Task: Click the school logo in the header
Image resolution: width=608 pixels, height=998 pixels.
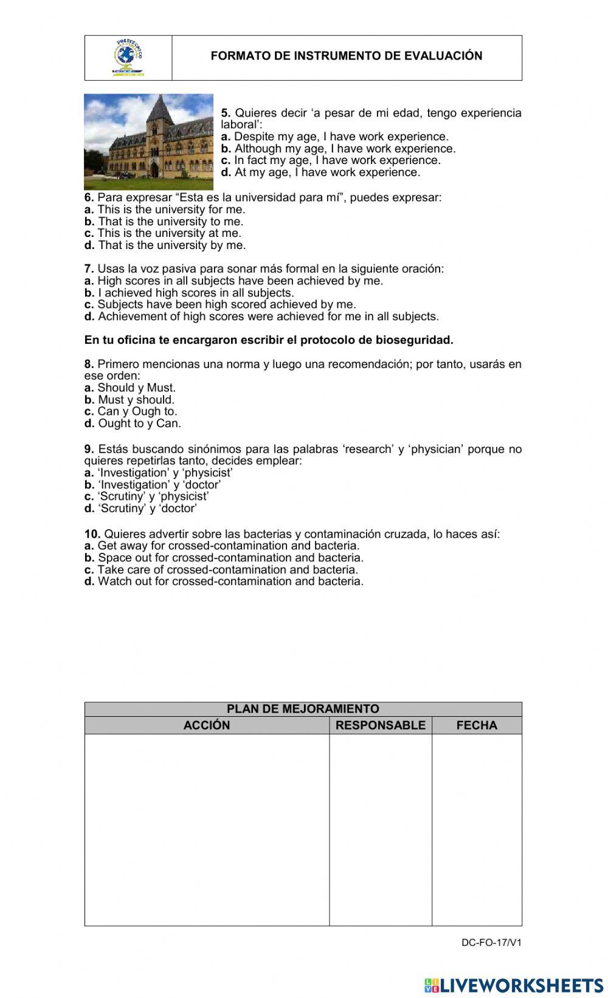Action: click(x=128, y=58)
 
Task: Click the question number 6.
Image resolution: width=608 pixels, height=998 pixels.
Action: click(x=89, y=197)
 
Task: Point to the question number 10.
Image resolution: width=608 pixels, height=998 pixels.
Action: click(x=92, y=534)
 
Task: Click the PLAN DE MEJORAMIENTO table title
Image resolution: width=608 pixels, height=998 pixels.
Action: click(x=303, y=709)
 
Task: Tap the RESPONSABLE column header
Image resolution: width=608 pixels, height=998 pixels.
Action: click(x=381, y=725)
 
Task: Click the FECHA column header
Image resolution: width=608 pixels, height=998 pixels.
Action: click(x=477, y=725)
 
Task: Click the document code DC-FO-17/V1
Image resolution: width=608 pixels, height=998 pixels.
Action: click(x=491, y=943)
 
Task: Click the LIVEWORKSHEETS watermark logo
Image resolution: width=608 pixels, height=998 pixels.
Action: click(x=514, y=985)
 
